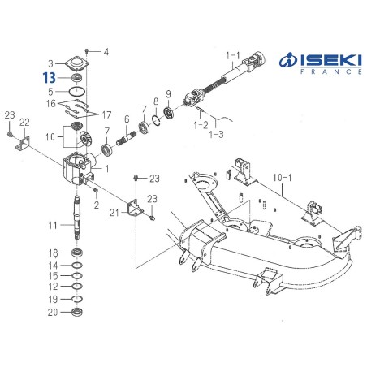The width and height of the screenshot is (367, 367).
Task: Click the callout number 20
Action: point(53,312)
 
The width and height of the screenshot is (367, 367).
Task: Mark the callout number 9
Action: point(168,93)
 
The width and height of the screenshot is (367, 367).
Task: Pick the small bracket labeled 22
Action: point(24,141)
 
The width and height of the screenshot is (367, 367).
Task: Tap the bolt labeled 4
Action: point(88,50)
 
